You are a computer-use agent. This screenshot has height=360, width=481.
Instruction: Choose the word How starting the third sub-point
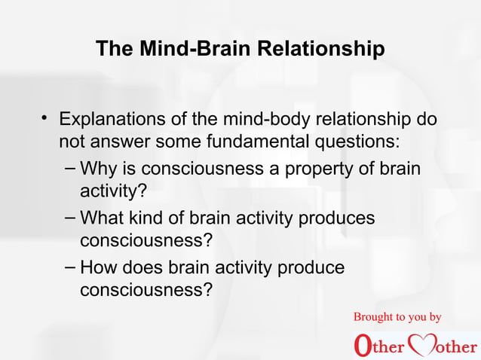pyautogui.click(x=98, y=267)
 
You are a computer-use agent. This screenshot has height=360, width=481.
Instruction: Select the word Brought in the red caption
pyautogui.click(x=376, y=317)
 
